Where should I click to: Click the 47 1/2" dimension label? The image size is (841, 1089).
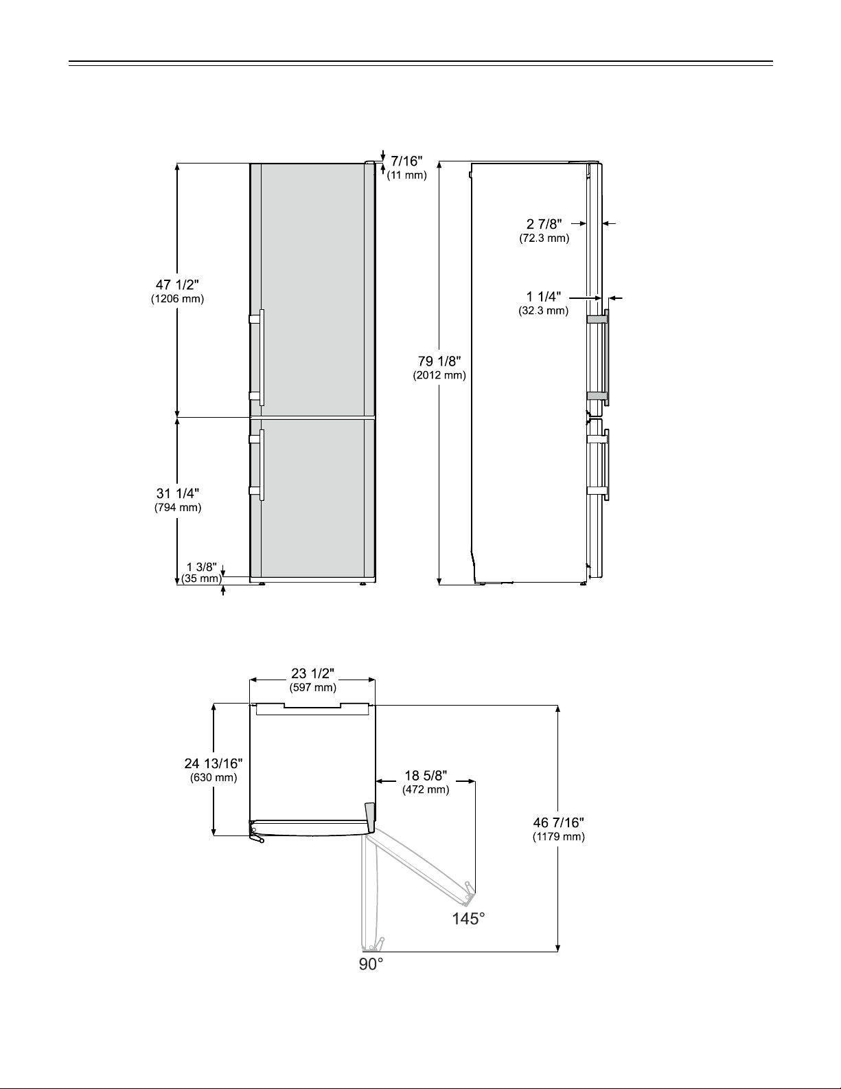click(x=177, y=284)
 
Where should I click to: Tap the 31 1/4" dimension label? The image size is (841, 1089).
click(x=178, y=493)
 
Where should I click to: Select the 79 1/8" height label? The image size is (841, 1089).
click(x=439, y=361)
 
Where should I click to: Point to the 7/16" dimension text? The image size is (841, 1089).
click(x=406, y=161)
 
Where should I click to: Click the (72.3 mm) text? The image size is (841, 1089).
click(x=544, y=238)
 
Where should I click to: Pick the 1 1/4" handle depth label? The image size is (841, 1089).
click(x=544, y=297)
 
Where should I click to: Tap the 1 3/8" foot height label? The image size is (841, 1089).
click(x=202, y=567)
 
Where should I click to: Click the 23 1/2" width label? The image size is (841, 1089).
click(x=313, y=673)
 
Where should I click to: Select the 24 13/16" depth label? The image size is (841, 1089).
click(x=214, y=764)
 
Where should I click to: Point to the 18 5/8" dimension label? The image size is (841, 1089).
click(x=426, y=776)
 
